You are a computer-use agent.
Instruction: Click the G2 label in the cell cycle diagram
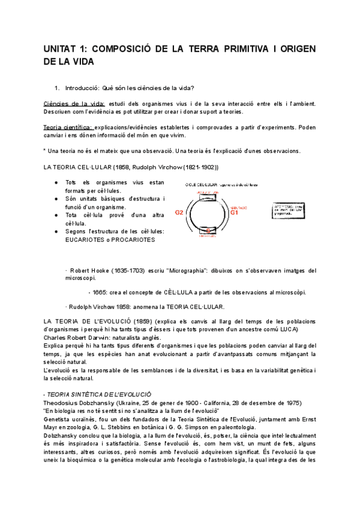tap(179, 212)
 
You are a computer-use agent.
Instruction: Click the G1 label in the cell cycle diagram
tap(235, 212)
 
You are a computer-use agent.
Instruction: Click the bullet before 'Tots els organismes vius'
tap(56, 182)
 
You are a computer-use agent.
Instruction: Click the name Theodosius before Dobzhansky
tap(63, 402)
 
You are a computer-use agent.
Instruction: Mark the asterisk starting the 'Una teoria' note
tap(45, 150)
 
